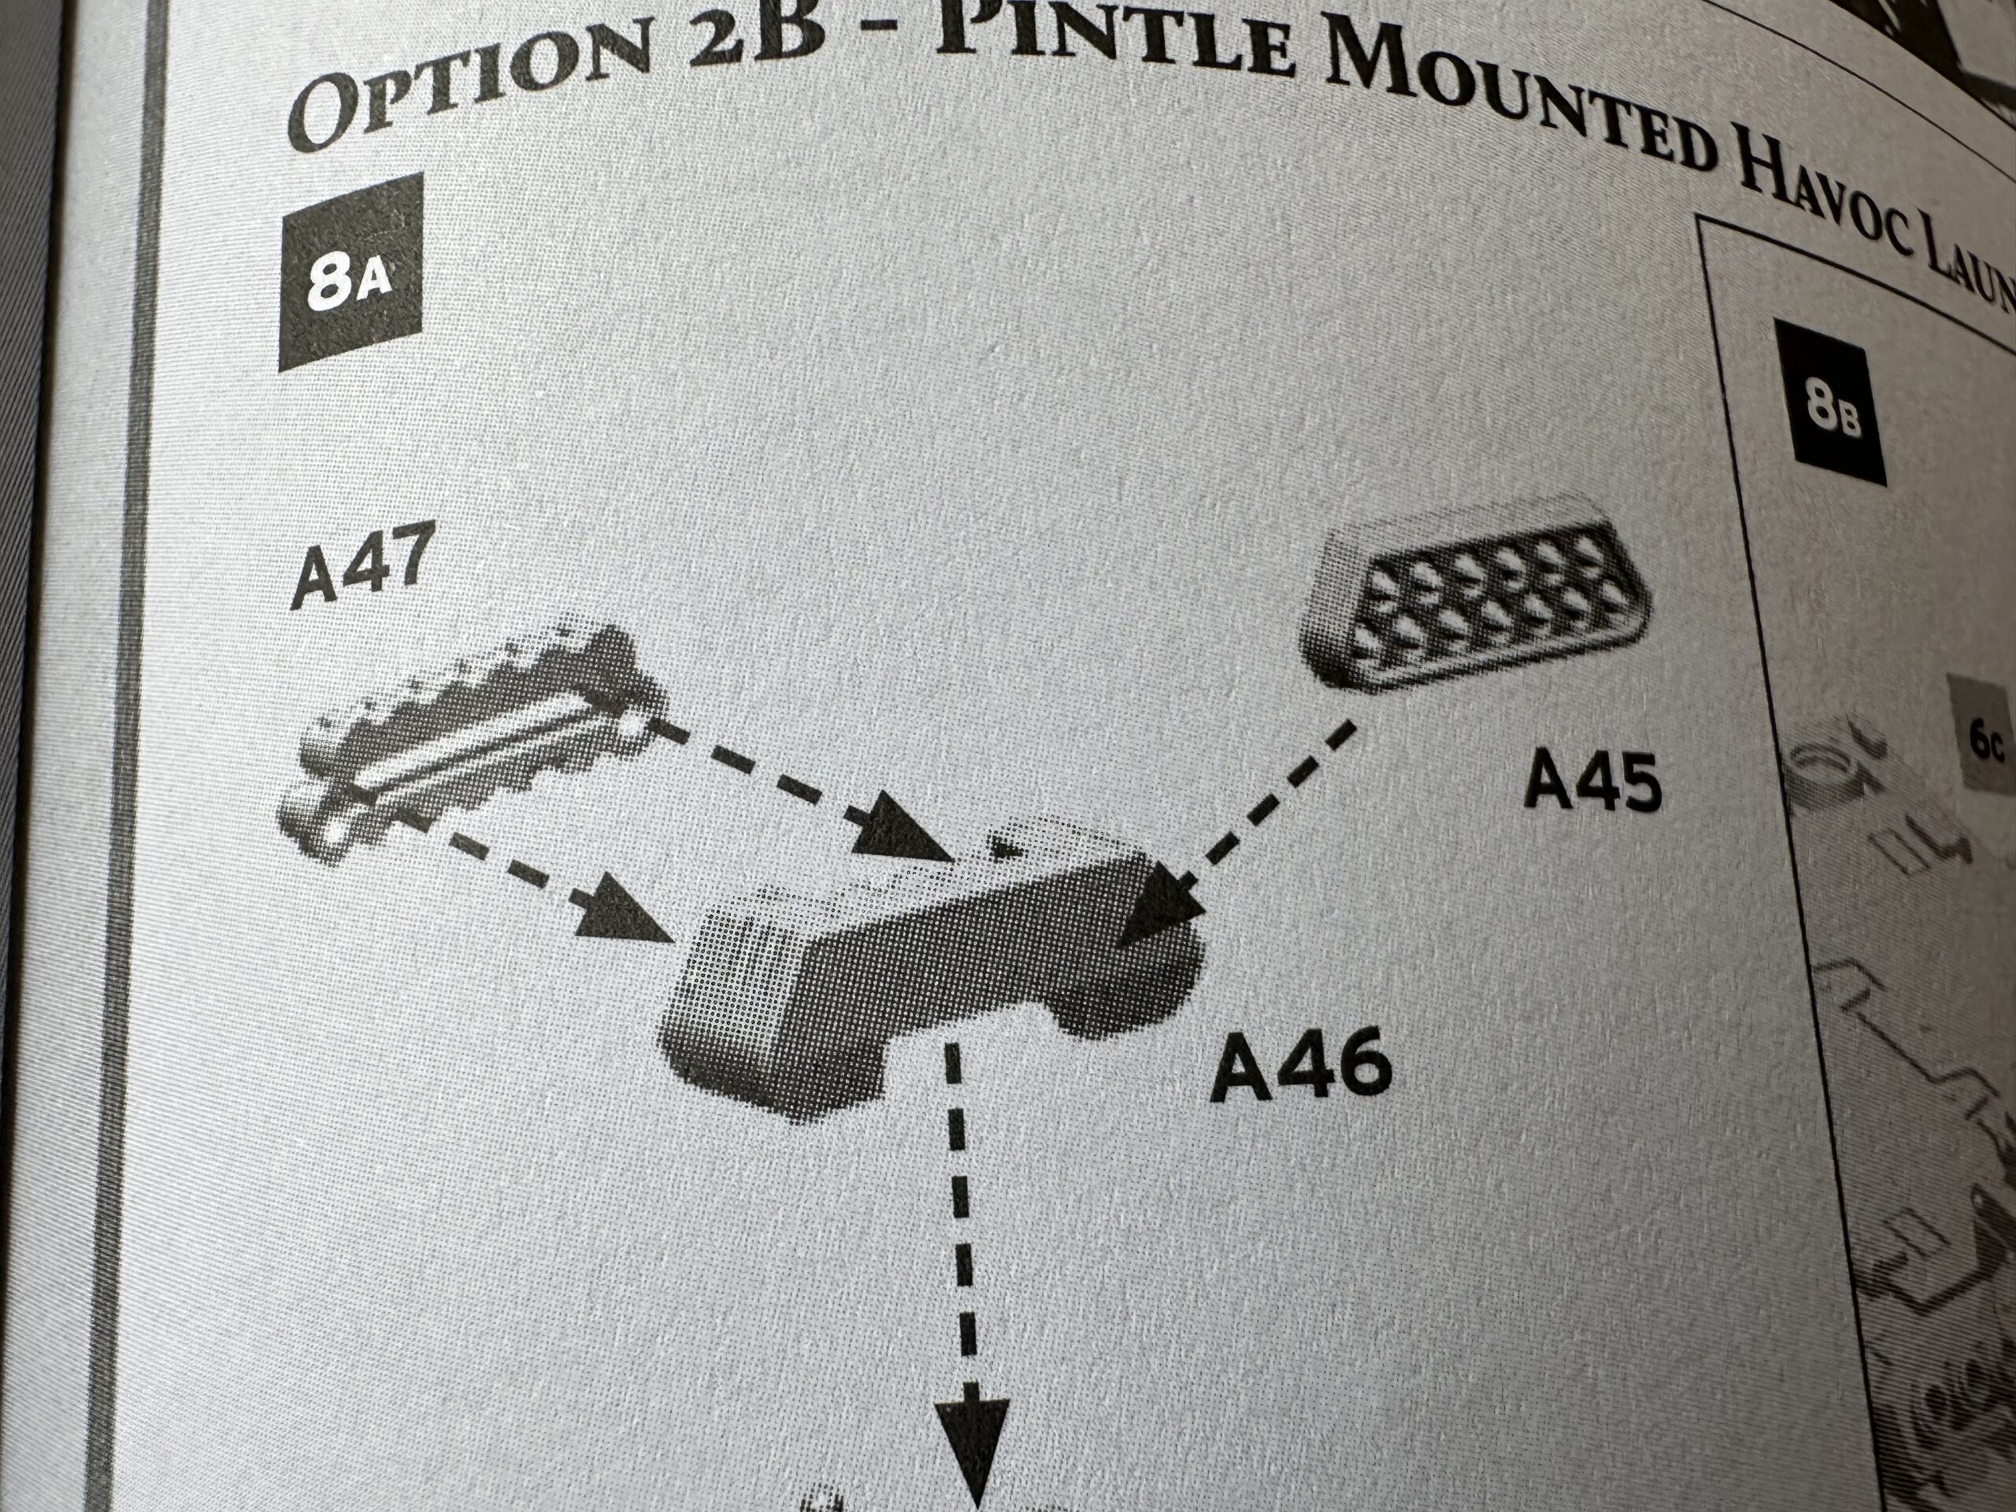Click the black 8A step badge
tap(351, 272)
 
